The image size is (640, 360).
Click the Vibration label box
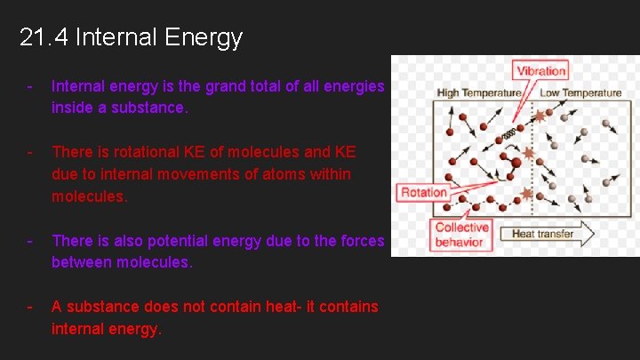[540, 71]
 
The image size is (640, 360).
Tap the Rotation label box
[424, 193]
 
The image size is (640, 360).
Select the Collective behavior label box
[460, 235]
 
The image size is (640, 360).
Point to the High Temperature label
[479, 93]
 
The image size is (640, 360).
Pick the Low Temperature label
[580, 93]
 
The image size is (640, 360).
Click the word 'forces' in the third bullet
[363, 240]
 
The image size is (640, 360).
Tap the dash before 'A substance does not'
[30, 307]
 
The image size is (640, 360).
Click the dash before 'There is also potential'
[30, 240]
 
